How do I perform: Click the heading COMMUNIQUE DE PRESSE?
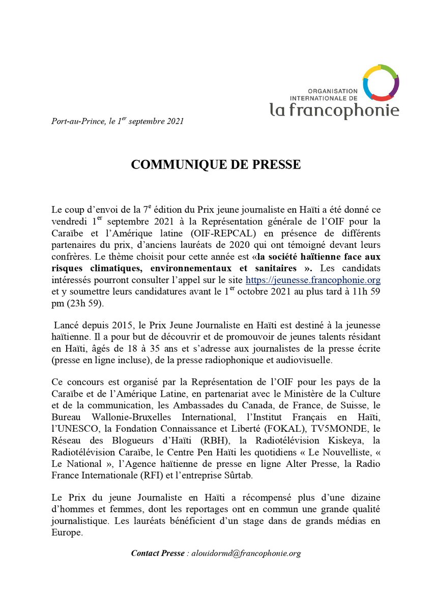[x=216, y=165]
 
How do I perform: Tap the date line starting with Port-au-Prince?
[x=118, y=121]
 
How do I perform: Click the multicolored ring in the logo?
[x=380, y=82]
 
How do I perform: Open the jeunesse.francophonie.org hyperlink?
[x=313, y=281]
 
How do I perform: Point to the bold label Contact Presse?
[x=158, y=553]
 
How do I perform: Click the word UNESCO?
[x=73, y=428]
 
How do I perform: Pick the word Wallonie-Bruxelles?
[x=124, y=417]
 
